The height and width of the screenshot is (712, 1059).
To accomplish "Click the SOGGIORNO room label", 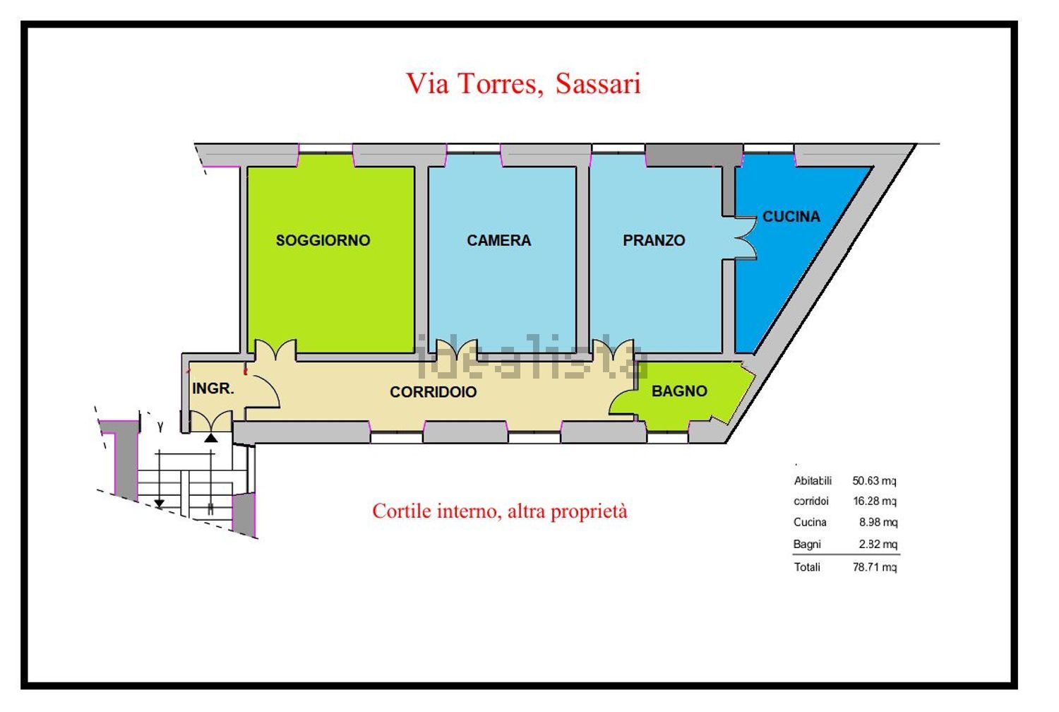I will click(x=323, y=240).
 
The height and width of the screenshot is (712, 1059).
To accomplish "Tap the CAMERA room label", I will click(x=498, y=240).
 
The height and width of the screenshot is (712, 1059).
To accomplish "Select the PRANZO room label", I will click(x=654, y=240).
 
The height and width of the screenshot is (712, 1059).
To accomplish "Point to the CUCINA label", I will click(x=791, y=217).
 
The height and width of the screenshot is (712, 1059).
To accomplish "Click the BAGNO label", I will click(x=679, y=391).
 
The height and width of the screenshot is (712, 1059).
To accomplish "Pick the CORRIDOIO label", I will click(x=433, y=391).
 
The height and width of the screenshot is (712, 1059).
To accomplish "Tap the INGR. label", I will click(x=213, y=388).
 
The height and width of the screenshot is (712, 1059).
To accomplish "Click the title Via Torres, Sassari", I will click(x=523, y=83).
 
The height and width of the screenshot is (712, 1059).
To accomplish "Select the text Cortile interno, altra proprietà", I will click(x=499, y=511).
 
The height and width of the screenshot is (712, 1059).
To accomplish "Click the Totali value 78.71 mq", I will click(x=874, y=566).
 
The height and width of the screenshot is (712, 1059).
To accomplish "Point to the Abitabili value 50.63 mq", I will click(x=874, y=480).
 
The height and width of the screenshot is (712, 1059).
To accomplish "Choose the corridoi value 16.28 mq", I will click(x=874, y=501).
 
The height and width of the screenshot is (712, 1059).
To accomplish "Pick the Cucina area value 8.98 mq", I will click(x=878, y=522).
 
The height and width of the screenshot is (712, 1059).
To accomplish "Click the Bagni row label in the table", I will click(x=807, y=544).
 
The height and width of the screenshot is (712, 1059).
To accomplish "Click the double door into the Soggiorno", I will click(x=275, y=350).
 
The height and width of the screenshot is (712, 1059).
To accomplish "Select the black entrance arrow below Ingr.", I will click(x=211, y=438).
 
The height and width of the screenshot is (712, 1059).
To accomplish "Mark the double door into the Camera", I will click(x=457, y=350).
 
